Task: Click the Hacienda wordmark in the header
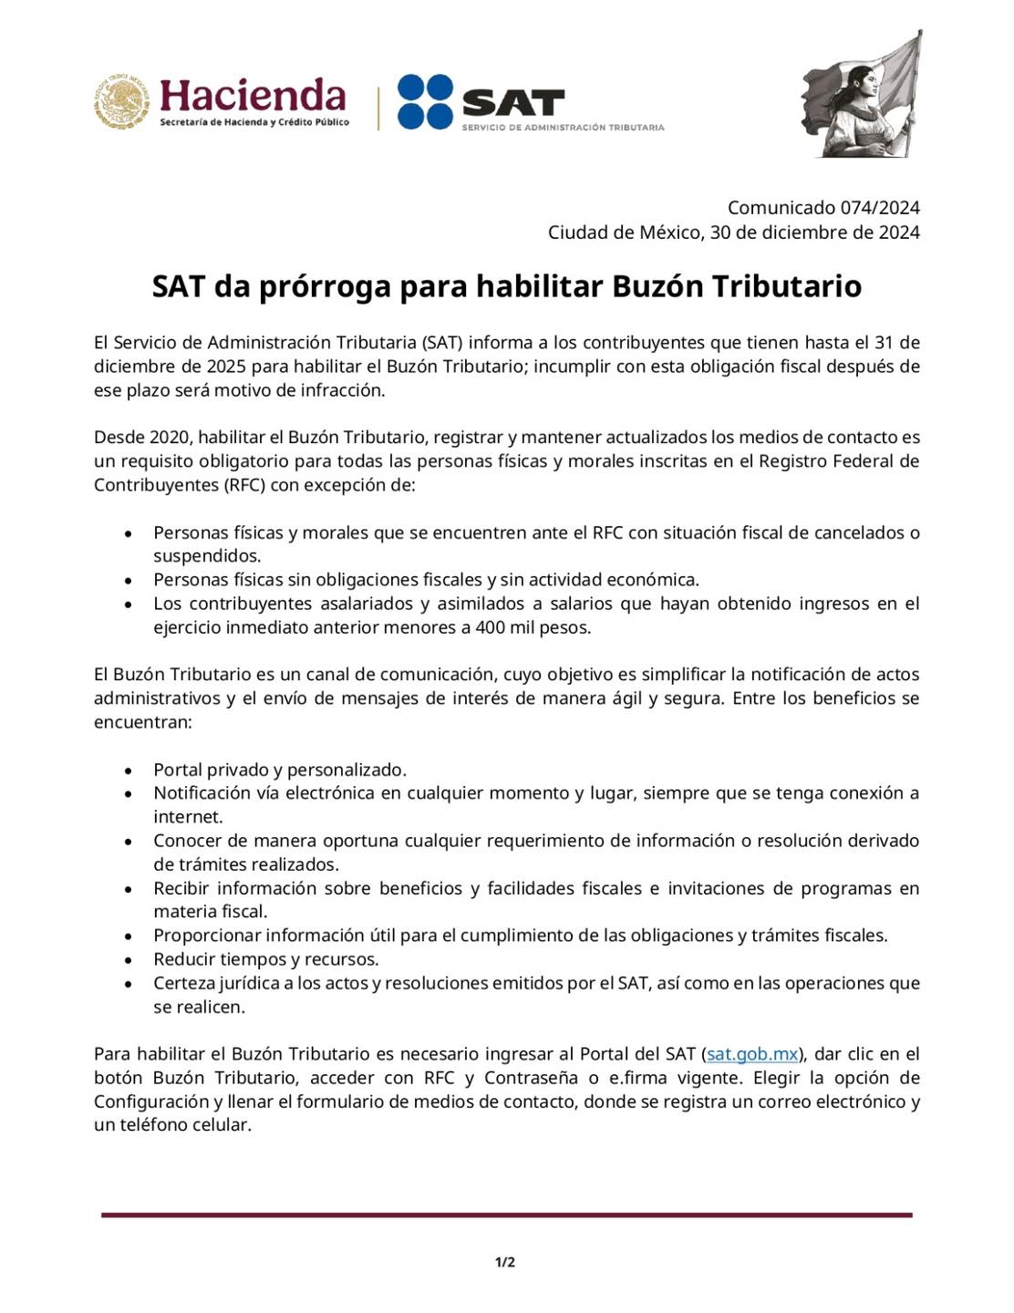253,96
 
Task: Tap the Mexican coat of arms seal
120,102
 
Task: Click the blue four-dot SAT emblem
425,101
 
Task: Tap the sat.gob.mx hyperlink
752,1054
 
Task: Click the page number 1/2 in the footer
505,1263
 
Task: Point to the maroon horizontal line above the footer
506,1215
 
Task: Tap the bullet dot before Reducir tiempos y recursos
130,960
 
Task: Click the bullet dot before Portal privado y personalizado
130,770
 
